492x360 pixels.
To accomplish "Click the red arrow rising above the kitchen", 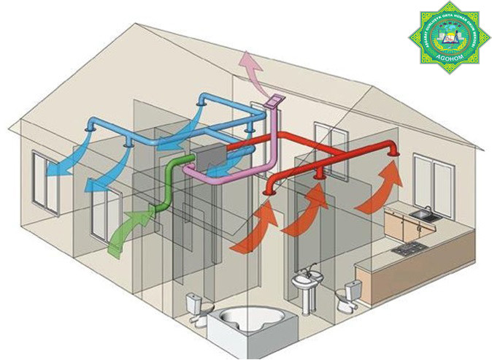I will point(380,186).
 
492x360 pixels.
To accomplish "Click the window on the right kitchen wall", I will point(446,183).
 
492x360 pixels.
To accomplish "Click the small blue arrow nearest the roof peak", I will point(198,116).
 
